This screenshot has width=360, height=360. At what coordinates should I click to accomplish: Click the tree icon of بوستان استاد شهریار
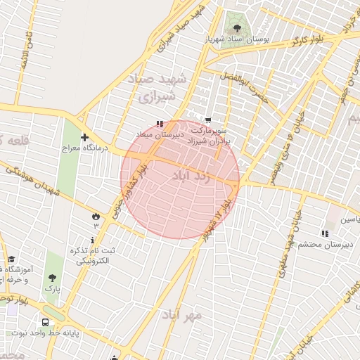click(x=236, y=29)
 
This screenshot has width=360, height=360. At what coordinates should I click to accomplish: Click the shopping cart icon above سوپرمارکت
click(x=207, y=121)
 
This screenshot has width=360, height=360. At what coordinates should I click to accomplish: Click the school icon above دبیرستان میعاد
click(x=160, y=124)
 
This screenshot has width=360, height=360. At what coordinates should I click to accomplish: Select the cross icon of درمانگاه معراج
click(x=84, y=137)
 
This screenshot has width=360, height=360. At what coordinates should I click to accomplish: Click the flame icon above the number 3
click(x=96, y=215)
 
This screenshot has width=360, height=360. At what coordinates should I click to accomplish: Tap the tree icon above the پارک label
click(x=51, y=278)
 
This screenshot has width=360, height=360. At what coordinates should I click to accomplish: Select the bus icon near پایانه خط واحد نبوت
click(x=46, y=322)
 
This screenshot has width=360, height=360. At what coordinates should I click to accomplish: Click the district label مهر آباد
click(x=181, y=314)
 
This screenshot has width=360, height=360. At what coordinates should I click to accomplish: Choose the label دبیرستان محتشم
click(x=326, y=244)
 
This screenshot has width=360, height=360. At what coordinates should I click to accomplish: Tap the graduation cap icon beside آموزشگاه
click(x=11, y=260)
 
